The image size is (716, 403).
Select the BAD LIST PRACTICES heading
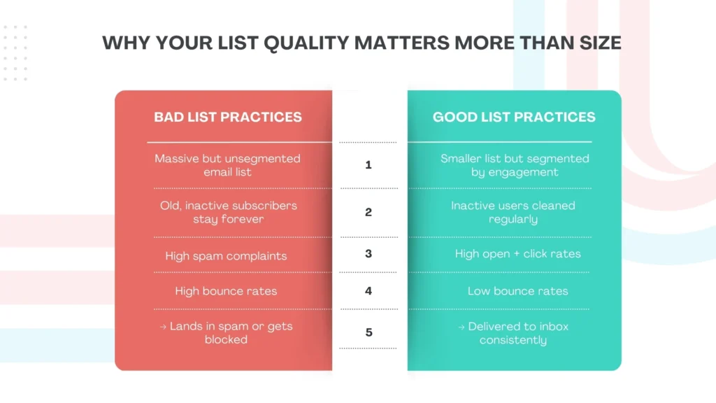(228, 117)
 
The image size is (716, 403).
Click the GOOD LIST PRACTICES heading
(514, 117)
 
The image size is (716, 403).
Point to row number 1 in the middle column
(368, 165)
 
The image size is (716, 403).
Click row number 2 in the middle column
(368, 212)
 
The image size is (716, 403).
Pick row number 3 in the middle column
(368, 253)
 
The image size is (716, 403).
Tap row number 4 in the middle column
(368, 290)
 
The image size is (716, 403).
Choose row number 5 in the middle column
(368, 332)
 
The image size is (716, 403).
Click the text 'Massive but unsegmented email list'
(227, 165)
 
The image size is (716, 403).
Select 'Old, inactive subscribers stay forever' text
(227, 212)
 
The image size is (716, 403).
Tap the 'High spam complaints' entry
(226, 255)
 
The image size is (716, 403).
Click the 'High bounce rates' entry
(226, 291)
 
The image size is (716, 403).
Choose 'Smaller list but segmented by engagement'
(514, 165)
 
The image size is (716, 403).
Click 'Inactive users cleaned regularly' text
(513, 212)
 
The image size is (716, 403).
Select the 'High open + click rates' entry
(517, 253)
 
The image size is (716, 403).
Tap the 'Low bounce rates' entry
(517, 291)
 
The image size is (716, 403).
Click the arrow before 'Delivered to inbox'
(461, 327)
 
